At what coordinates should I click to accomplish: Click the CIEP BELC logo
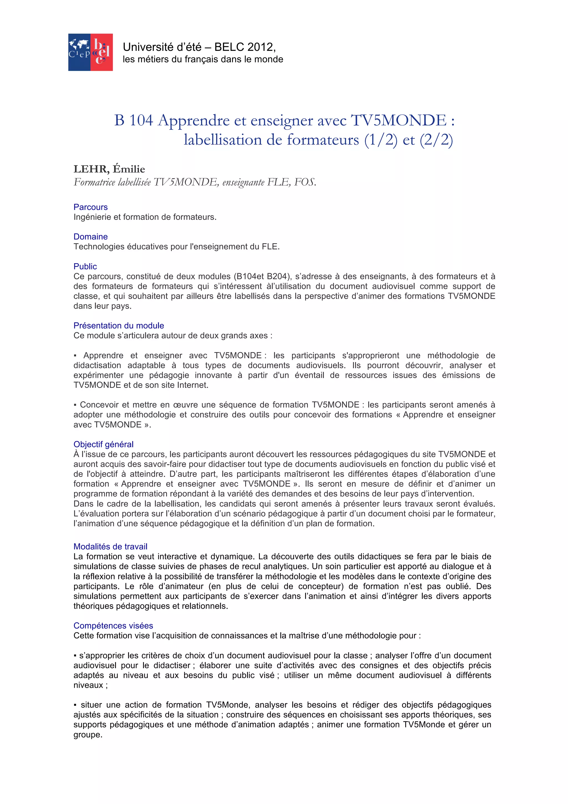(90, 52)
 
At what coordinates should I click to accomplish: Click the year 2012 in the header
(262, 47)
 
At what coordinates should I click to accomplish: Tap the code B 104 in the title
(134, 120)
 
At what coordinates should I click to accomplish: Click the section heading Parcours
(91, 207)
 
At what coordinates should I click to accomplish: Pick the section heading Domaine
(91, 237)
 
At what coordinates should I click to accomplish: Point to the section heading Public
(85, 267)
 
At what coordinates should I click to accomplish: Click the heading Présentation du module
(119, 326)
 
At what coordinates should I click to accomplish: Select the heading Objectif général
(103, 444)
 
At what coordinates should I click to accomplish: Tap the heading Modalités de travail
(110, 547)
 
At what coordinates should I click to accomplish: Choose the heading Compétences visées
(113, 626)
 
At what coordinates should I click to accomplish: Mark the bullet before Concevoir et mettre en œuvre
(75, 405)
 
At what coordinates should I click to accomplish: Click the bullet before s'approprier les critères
(75, 656)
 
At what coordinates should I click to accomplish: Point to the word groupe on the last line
(87, 735)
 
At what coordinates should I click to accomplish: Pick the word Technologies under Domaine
(96, 247)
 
